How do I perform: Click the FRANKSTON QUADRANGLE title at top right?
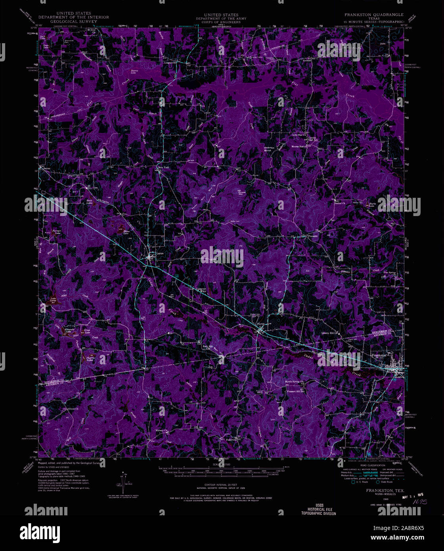tap(374, 15)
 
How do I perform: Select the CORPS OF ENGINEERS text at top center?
tap(221, 22)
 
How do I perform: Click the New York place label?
tap(163, 168)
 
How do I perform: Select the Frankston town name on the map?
tap(379, 355)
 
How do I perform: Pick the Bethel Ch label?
tap(340, 203)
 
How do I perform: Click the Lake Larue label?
tap(53, 300)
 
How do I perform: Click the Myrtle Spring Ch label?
tap(295, 382)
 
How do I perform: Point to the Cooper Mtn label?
tap(241, 193)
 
